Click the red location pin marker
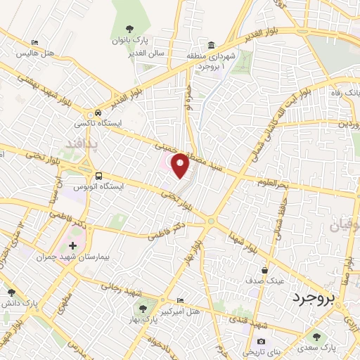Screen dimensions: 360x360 click(181, 166)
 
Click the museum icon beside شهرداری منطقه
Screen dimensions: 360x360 click(212, 43)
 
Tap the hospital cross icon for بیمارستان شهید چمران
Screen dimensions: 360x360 click(73, 245)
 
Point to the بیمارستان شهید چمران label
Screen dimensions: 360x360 click(63, 257)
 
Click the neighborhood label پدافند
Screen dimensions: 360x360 click(83, 145)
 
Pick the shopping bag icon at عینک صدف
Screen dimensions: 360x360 click(264, 269)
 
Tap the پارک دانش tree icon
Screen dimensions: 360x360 click(10, 292)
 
